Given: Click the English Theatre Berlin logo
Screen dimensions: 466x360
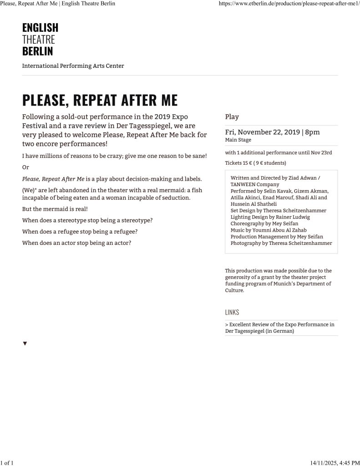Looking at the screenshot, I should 40,39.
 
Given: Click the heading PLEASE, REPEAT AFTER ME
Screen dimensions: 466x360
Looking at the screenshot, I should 100,100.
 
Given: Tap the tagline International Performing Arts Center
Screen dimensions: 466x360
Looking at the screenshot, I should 73,66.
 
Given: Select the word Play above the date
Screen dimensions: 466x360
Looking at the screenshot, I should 232,117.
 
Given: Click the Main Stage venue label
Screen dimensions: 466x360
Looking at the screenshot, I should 238,140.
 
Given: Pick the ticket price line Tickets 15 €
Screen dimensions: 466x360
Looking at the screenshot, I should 255,163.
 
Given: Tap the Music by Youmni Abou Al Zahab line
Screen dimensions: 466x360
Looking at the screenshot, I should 269,230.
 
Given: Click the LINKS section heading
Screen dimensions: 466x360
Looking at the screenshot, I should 232,312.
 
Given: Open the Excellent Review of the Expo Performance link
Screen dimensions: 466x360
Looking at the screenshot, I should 279,328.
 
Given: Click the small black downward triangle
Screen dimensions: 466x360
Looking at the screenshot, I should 25,343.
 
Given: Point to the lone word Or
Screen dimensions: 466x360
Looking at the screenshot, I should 25,167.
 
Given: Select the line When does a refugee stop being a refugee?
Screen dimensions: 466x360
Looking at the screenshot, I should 80,232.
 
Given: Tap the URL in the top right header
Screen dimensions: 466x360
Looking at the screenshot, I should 289,4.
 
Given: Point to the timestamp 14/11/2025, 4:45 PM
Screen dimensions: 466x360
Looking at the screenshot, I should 335,462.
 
